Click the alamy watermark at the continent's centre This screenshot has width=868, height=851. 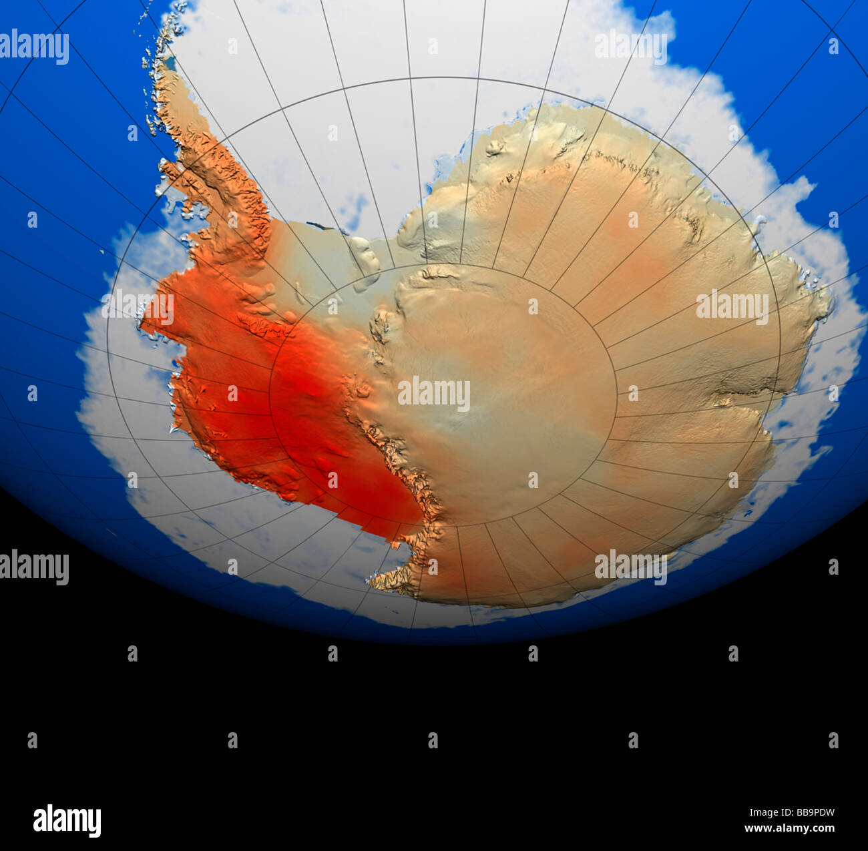point(434,393)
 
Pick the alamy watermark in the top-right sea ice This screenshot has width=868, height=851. point(631,47)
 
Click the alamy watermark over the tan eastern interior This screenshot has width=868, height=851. point(732,306)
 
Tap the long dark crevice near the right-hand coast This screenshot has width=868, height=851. point(748,387)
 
